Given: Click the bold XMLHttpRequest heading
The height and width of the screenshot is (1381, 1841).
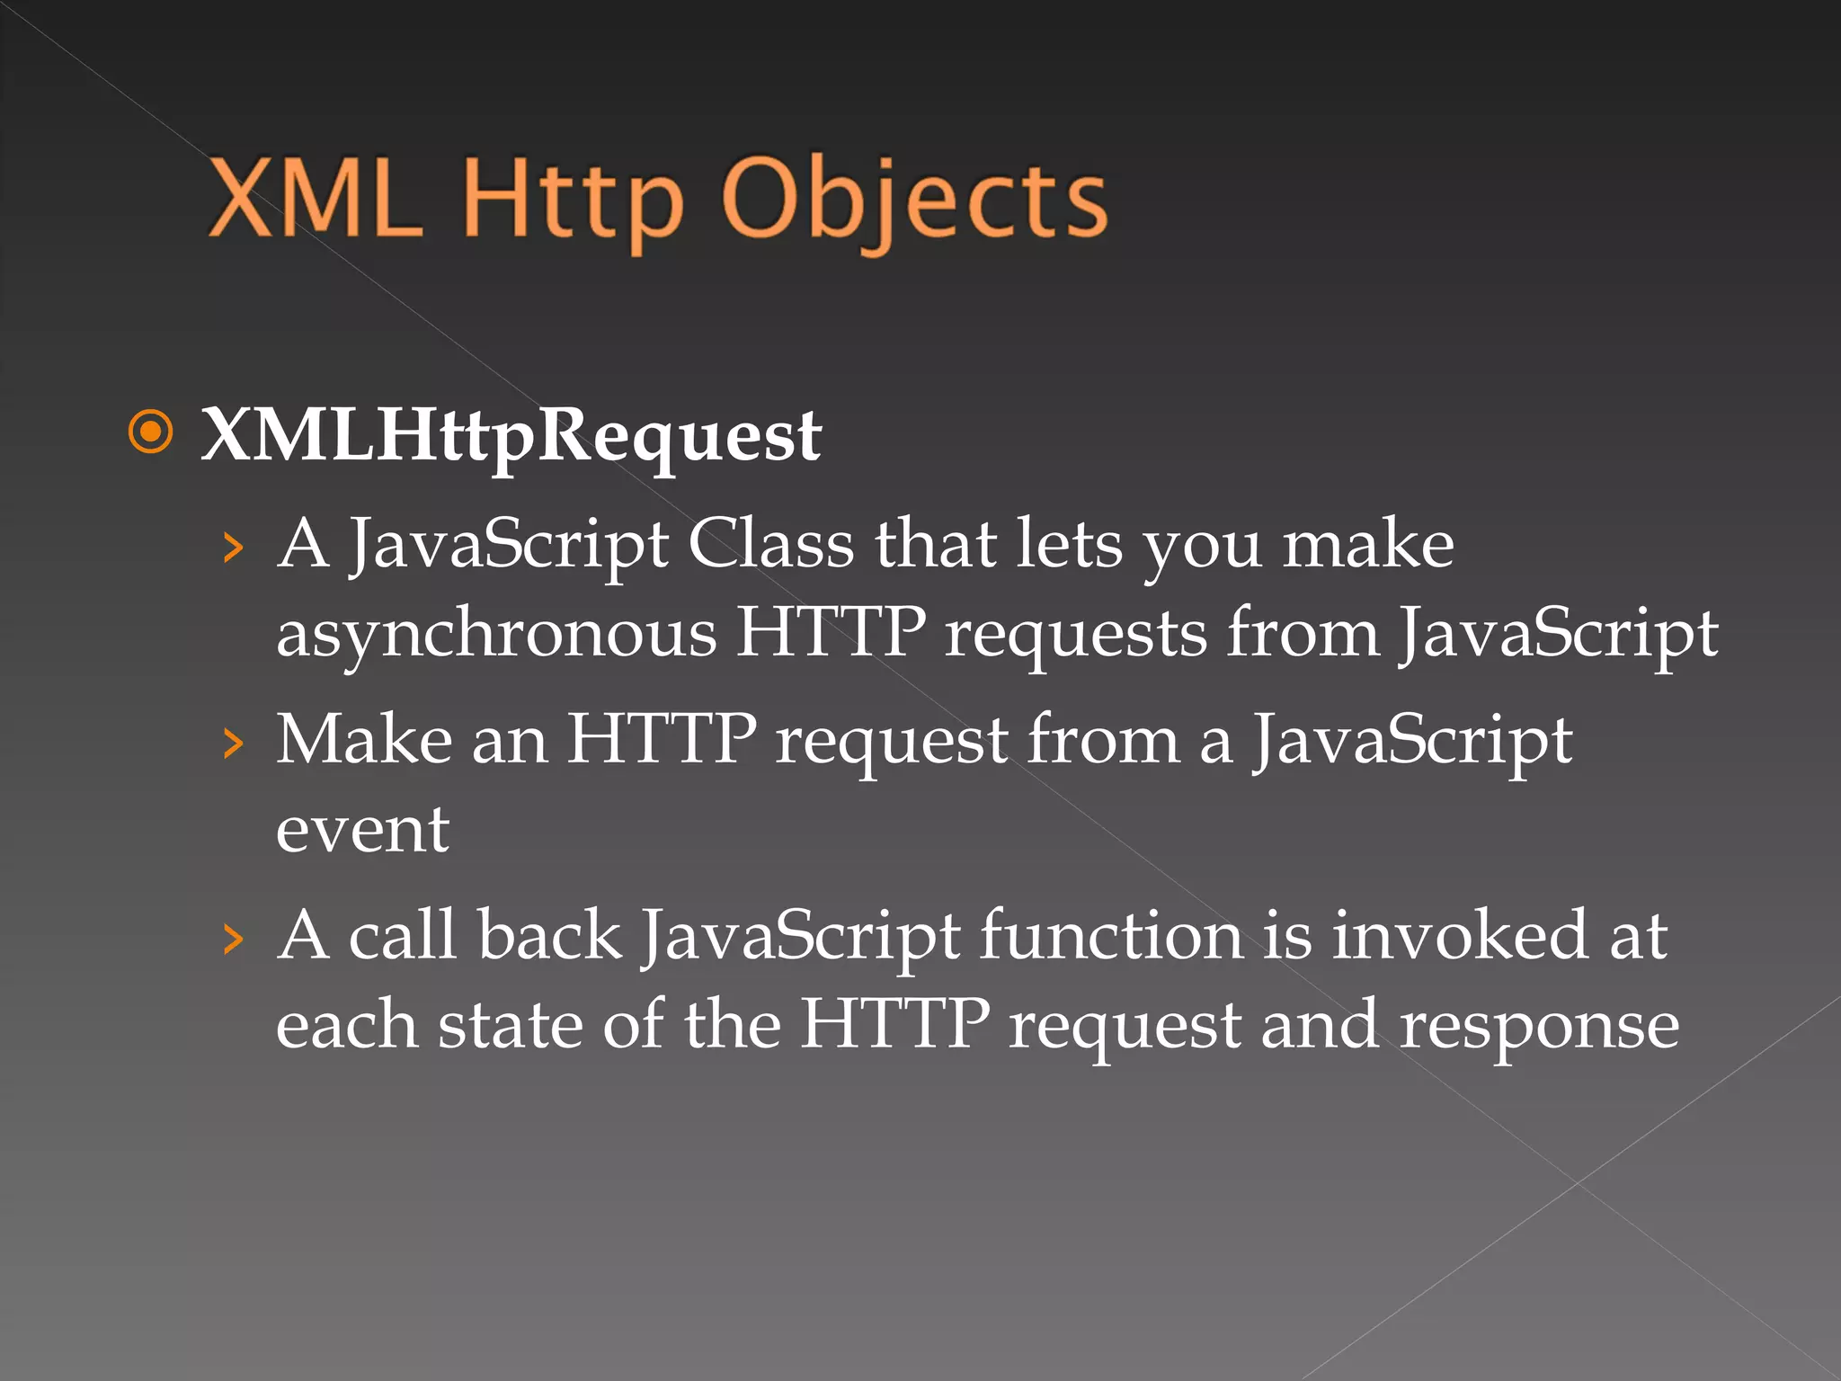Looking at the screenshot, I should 511,436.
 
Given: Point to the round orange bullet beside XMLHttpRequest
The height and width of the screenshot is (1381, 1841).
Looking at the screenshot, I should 150,432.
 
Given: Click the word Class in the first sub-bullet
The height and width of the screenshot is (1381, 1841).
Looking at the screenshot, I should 770,544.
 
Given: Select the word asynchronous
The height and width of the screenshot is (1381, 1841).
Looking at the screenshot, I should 496,632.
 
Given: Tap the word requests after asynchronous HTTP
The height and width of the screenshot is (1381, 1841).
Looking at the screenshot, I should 1075,634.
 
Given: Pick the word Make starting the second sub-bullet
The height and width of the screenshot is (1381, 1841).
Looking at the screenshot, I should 364,739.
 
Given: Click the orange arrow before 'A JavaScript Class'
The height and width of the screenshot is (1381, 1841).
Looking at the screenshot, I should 233,547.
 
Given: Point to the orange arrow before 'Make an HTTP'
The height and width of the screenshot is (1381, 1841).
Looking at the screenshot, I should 233,743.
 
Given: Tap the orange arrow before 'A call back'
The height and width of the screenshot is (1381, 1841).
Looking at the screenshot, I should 233,939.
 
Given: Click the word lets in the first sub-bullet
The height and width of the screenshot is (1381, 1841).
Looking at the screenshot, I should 1068,544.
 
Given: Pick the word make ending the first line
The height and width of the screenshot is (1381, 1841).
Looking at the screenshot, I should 1367,544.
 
